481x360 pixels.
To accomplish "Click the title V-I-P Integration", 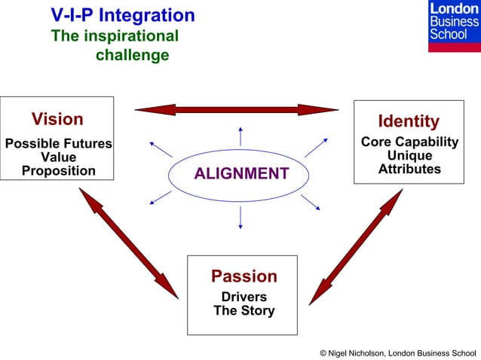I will click(122, 15).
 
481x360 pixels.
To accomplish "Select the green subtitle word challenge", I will click(132, 56).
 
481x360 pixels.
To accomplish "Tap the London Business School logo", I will click(453, 26).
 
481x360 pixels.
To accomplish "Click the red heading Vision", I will click(57, 119).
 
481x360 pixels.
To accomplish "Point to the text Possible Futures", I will click(58, 144).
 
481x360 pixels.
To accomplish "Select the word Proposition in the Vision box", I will click(58, 171).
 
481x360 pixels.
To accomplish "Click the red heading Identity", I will click(409, 121).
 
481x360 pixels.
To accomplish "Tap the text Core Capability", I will click(409, 142).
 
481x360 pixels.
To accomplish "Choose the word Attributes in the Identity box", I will click(409, 169).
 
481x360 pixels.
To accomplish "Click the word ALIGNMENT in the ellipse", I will click(241, 174).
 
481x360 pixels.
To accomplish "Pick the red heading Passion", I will click(244, 276).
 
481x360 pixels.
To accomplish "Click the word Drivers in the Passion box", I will click(244, 297).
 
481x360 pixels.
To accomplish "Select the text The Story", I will click(244, 310).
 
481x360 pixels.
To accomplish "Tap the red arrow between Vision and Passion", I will click(128, 242).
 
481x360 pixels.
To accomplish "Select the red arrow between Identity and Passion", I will click(356, 246).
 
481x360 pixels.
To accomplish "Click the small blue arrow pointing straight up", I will click(240, 136).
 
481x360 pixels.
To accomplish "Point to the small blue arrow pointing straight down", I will click(240, 217).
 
